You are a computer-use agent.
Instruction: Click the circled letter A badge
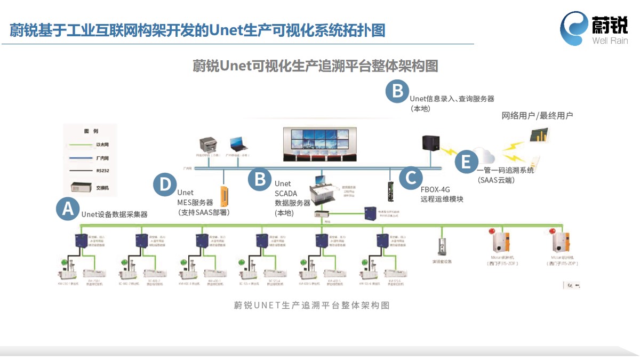[68, 209]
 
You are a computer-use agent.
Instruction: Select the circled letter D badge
[165, 184]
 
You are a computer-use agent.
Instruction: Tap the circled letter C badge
[410, 177]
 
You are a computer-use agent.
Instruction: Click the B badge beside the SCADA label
[260, 178]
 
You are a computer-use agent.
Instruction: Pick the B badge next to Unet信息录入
[397, 91]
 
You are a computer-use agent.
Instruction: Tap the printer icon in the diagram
[209, 144]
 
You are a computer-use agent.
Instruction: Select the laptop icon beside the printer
[237, 144]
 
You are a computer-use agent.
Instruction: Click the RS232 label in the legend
[103, 171]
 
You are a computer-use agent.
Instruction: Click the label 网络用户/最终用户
[537, 115]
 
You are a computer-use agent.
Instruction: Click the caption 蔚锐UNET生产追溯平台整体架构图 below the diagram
[312, 305]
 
